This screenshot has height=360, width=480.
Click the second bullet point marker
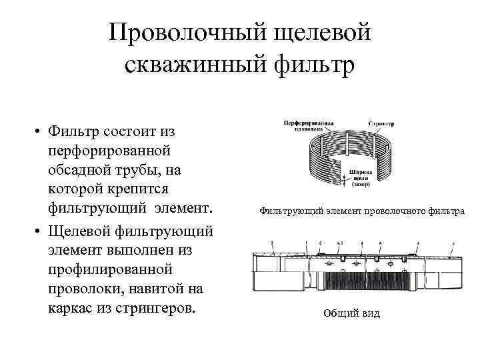[40, 232]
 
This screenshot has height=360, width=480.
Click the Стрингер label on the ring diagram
[381, 124]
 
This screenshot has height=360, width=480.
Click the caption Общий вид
[351, 313]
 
